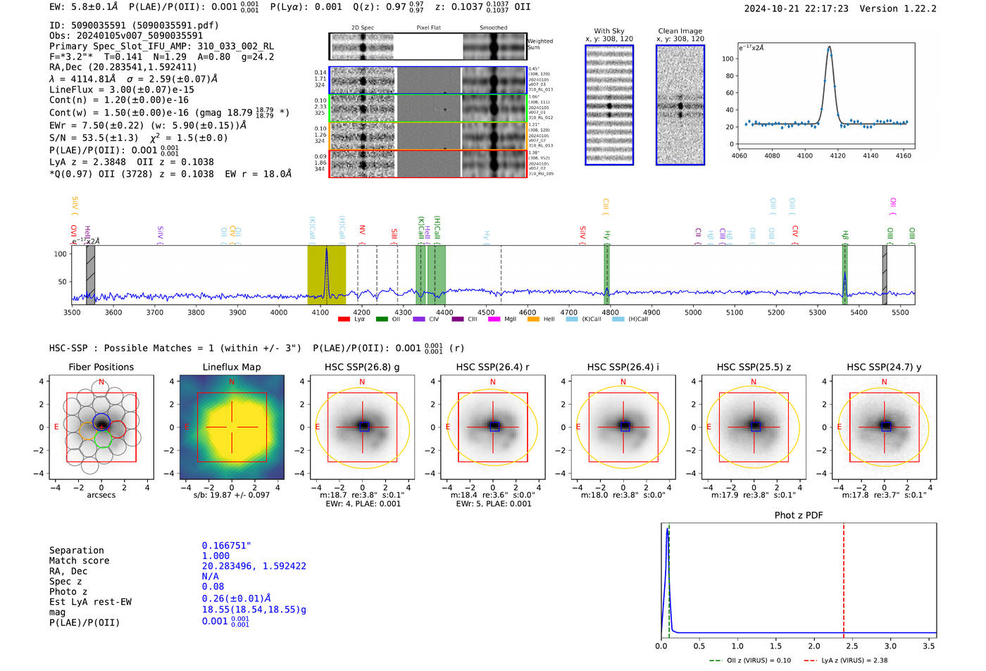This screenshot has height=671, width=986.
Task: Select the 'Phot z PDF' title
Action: tap(798, 515)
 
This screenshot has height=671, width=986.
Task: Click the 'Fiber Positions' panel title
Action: tap(101, 367)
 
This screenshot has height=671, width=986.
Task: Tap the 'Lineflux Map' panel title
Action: tap(231, 367)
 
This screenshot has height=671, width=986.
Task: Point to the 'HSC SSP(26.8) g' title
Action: tap(362, 367)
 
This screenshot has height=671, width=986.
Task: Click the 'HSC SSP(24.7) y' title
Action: tap(883, 367)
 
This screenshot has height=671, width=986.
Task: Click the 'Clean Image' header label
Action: tap(680, 31)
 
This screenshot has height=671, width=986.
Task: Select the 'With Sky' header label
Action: tap(609, 31)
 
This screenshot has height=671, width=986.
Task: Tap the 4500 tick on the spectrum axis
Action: tap(486, 313)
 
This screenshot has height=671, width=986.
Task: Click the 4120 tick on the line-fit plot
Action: tap(837, 156)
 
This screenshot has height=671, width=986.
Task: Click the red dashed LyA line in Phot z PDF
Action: tap(843, 577)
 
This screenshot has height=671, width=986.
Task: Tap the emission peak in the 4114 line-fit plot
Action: tap(829, 48)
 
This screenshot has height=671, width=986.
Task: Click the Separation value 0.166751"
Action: tap(226, 546)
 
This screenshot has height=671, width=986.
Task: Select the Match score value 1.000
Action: tap(216, 556)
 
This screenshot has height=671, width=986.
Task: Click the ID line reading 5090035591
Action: tap(134, 25)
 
